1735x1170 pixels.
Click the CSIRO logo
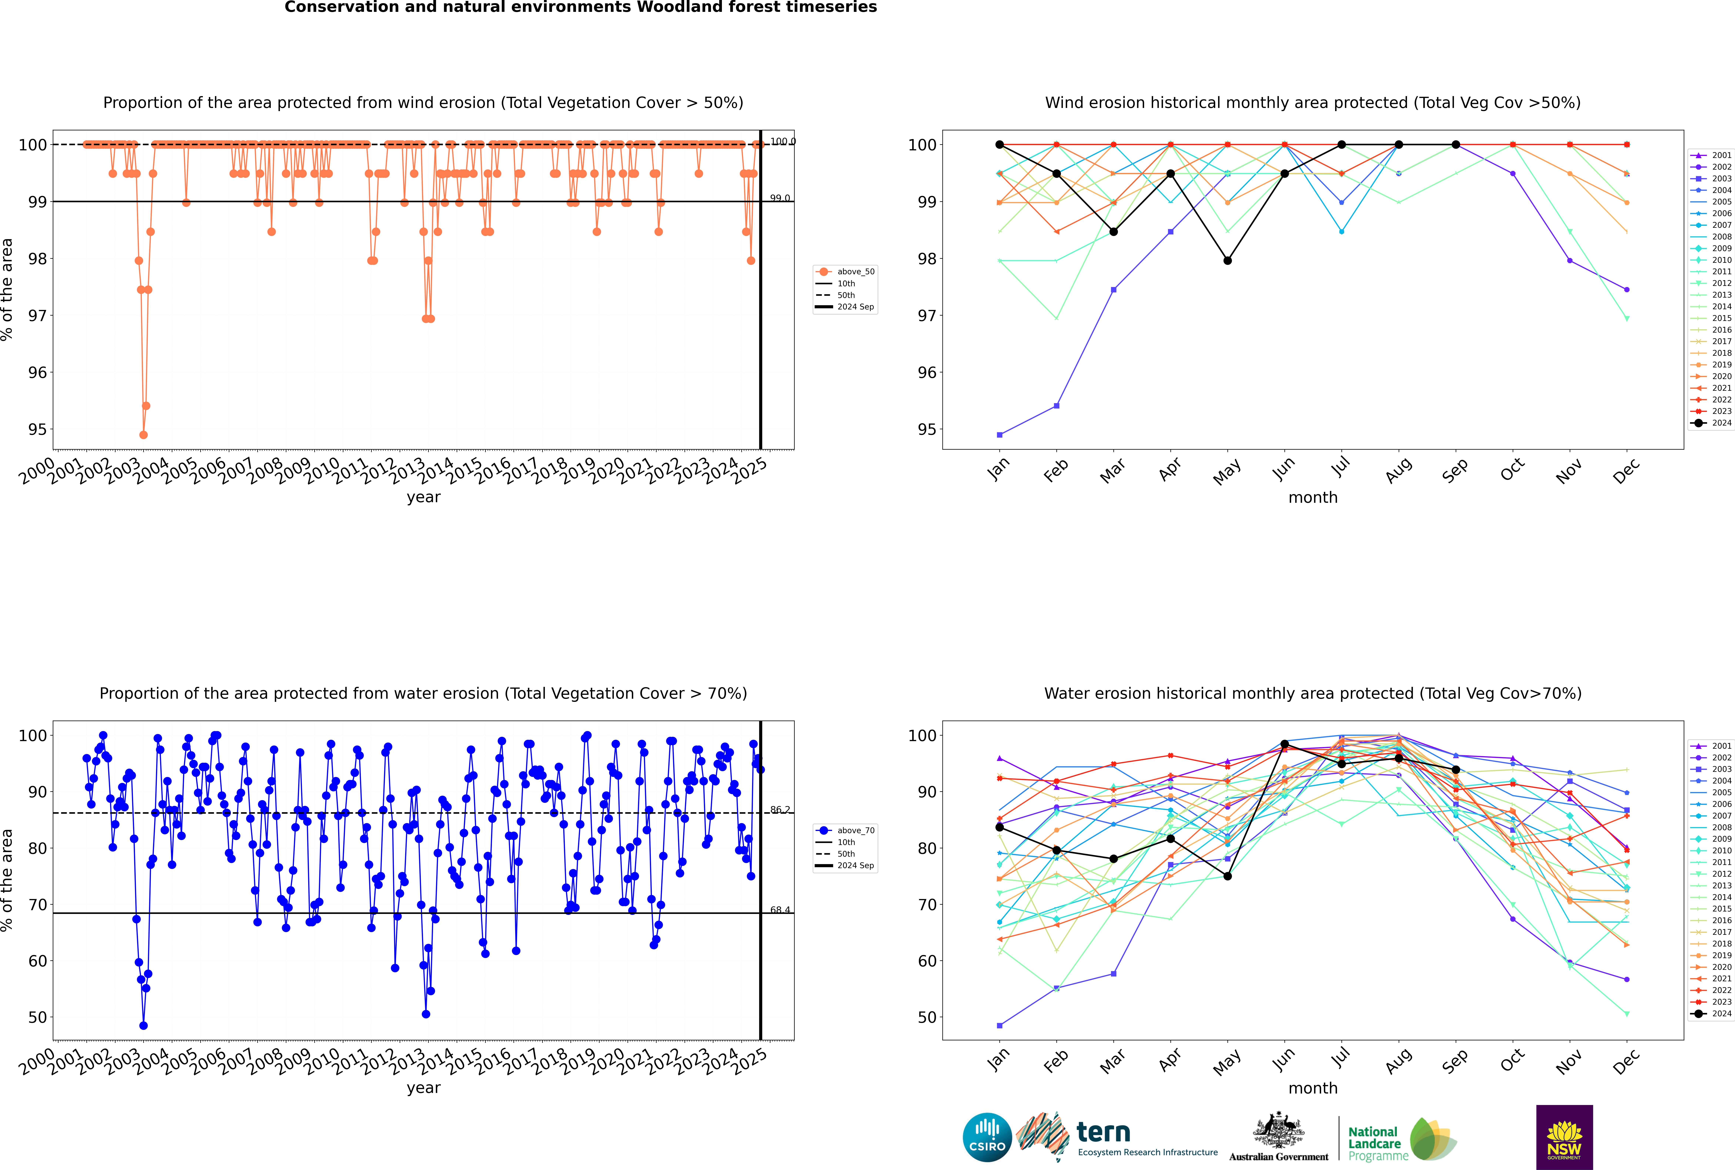click(x=987, y=1137)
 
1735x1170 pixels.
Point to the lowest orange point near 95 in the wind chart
click(x=143, y=435)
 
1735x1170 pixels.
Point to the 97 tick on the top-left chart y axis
click(x=37, y=316)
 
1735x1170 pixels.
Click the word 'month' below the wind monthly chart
click(x=1313, y=498)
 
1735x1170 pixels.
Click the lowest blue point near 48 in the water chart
click(x=143, y=1026)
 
